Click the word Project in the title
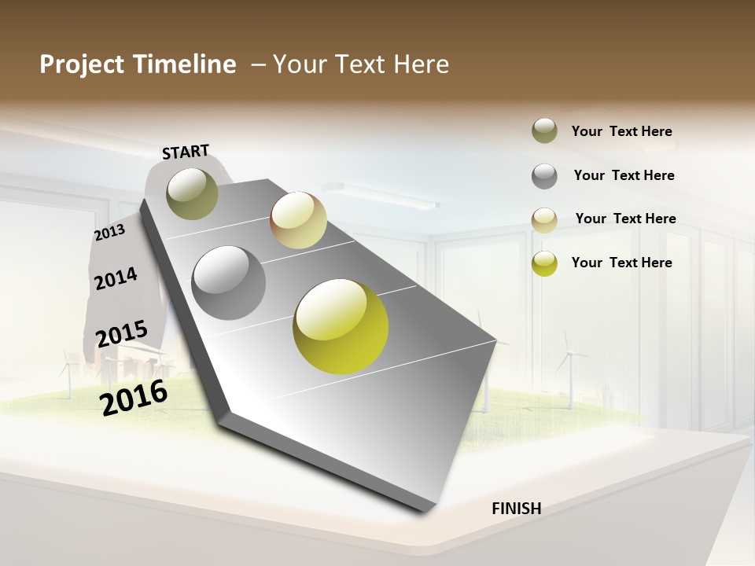click(x=82, y=64)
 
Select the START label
click(x=186, y=152)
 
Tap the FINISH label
click(x=516, y=509)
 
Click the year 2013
click(x=109, y=233)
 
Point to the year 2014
click(x=116, y=278)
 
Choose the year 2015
click(x=122, y=334)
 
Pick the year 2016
click(x=134, y=397)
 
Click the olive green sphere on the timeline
click(x=193, y=193)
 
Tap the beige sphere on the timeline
click(x=298, y=220)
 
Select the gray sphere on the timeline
click(x=229, y=283)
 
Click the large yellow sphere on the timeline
click(x=341, y=326)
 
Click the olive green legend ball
click(x=544, y=130)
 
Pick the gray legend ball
click(x=544, y=175)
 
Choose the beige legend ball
click(x=544, y=220)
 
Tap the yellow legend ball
click(x=544, y=263)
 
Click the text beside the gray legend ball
click(x=624, y=175)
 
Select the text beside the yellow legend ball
click(x=621, y=263)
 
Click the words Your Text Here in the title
click(x=361, y=64)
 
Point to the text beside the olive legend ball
click(x=621, y=131)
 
